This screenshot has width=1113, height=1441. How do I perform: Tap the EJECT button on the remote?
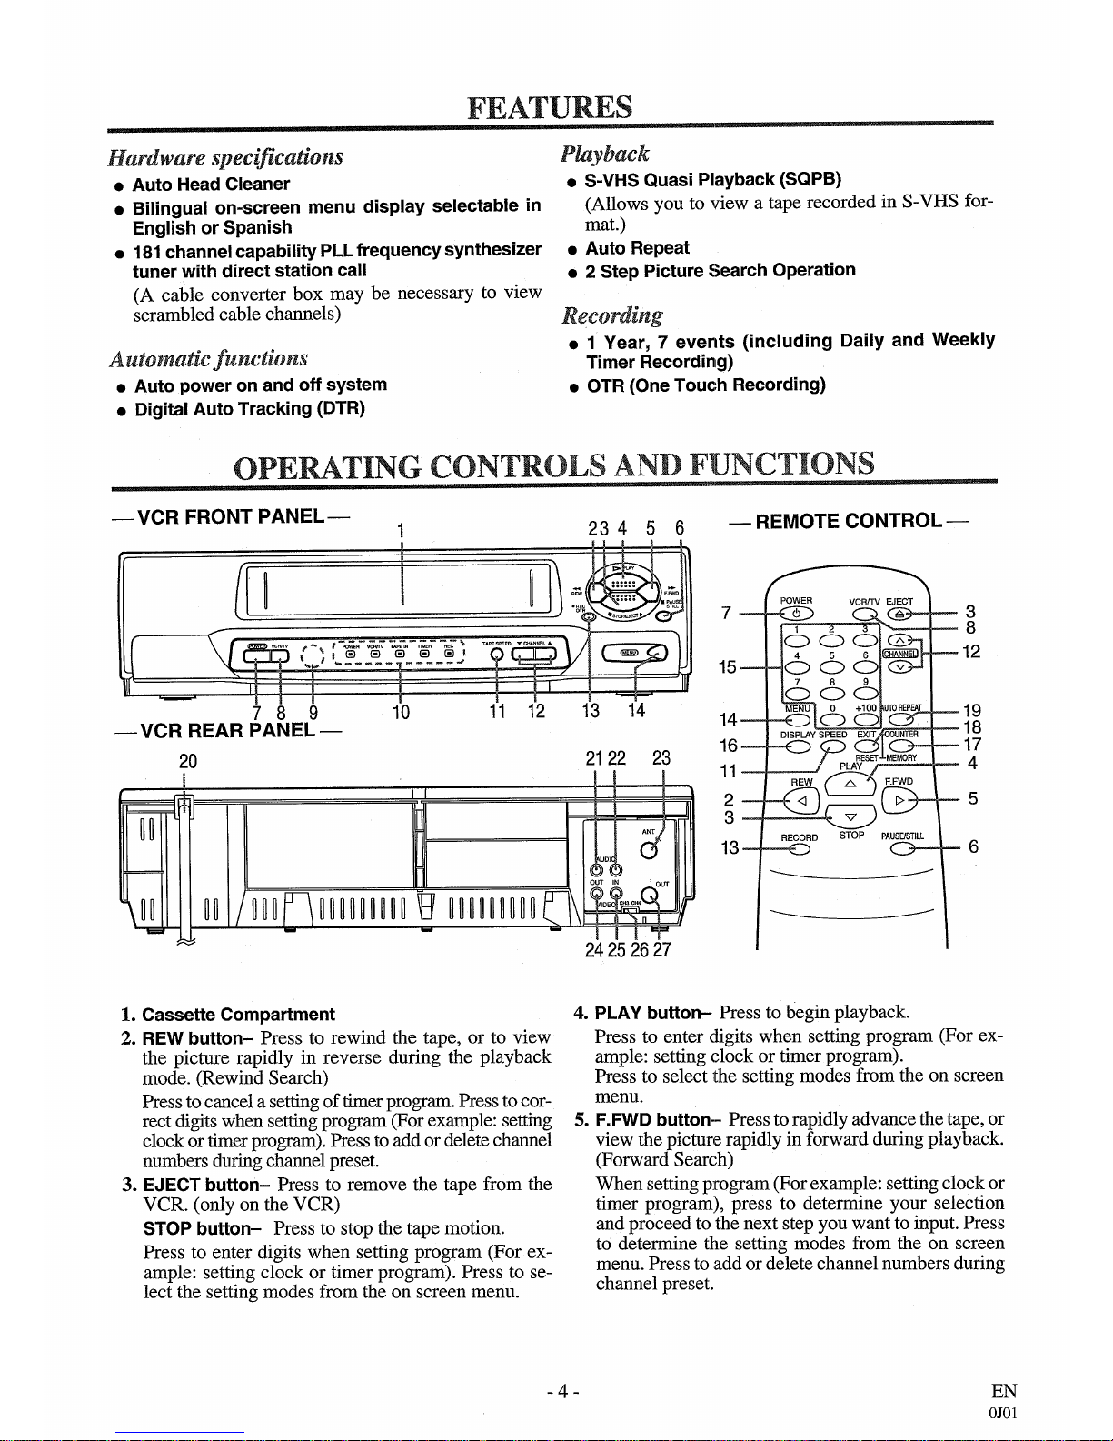click(899, 615)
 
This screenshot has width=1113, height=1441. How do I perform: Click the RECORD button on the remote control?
click(799, 850)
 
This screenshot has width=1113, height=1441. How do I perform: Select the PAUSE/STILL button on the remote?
click(902, 850)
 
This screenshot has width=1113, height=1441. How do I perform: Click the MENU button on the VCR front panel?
click(630, 652)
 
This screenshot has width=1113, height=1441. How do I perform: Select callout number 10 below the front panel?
click(401, 712)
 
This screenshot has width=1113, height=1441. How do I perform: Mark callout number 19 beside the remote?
click(972, 711)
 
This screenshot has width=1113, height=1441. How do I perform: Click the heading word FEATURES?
click(550, 107)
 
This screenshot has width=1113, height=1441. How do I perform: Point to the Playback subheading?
click(605, 153)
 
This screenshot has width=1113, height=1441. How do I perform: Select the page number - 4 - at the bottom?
click(562, 1391)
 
